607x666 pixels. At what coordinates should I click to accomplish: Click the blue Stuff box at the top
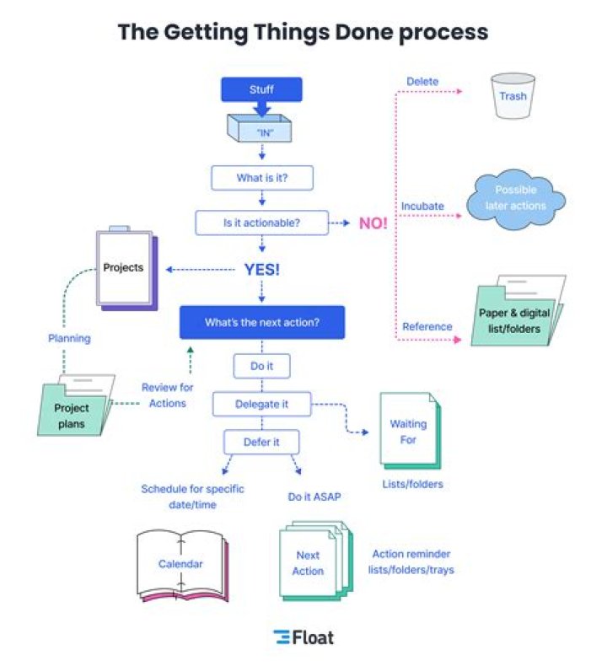261,89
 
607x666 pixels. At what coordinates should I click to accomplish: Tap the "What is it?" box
261,178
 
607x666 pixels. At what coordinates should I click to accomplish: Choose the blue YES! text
261,270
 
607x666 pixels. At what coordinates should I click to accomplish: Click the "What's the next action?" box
262,322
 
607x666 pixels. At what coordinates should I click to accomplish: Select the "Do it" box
261,367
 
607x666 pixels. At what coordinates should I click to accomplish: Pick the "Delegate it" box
261,404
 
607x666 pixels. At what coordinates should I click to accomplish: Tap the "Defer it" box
261,442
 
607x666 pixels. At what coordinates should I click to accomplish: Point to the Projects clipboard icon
125,268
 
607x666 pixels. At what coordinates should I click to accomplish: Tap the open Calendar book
182,564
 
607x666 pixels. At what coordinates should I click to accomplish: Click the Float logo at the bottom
303,637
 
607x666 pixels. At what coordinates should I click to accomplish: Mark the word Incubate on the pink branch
423,206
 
